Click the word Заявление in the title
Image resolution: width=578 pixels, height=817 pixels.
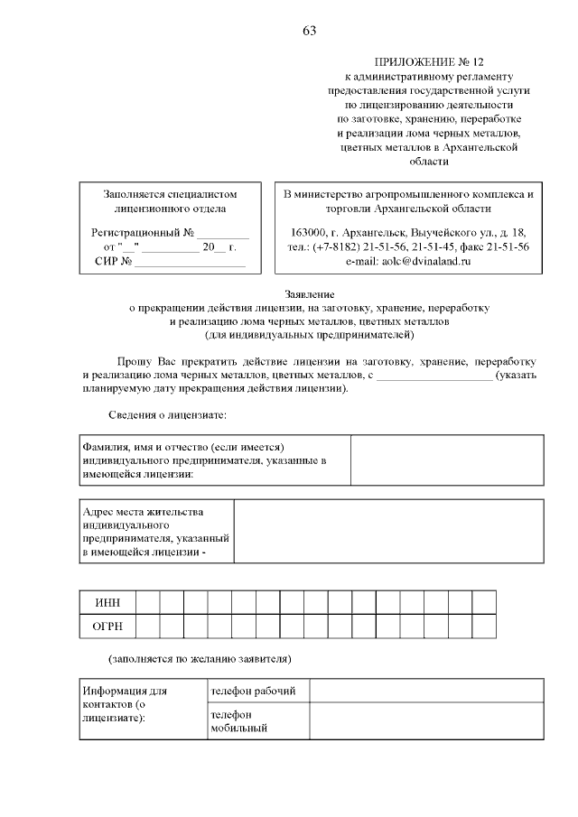pyautogui.click(x=309, y=294)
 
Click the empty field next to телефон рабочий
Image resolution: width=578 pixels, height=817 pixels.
pyautogui.click(x=426, y=691)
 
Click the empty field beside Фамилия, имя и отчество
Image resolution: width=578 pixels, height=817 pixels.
pyautogui.click(x=447, y=460)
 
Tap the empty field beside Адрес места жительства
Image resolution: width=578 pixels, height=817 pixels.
pyautogui.click(x=388, y=531)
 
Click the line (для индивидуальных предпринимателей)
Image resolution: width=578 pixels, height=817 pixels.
pyautogui.click(x=309, y=335)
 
